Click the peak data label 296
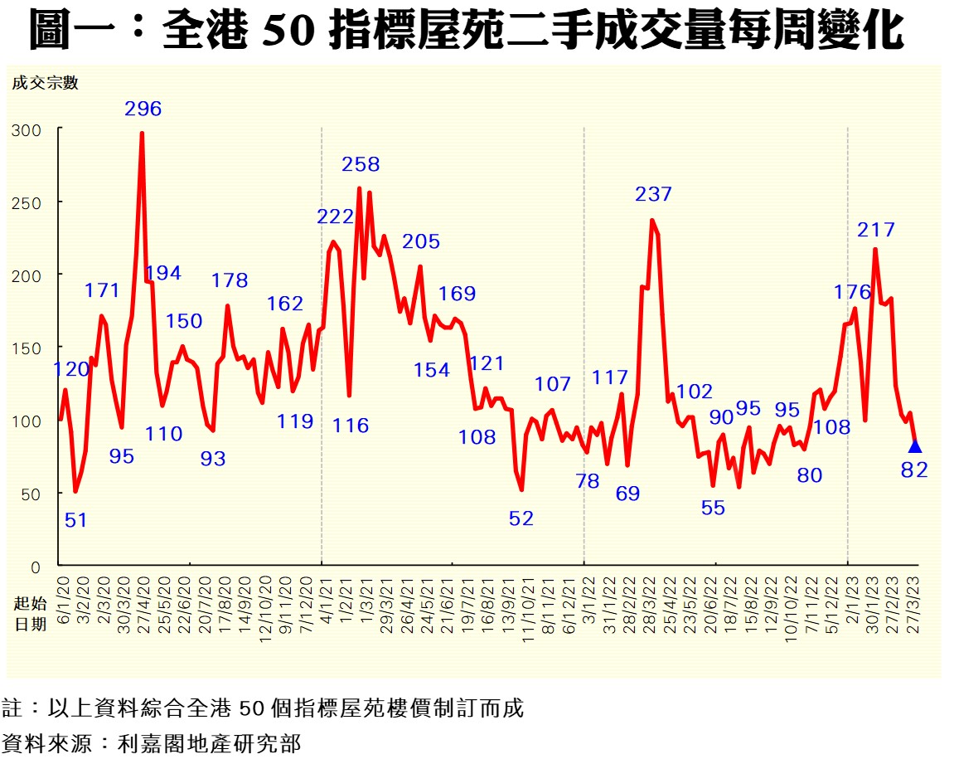coord(143,109)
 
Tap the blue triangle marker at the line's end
coord(915,446)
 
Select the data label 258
coord(361,164)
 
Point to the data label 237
coord(653,194)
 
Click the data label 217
coord(876,229)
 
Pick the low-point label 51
coord(75,520)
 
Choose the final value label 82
coord(915,470)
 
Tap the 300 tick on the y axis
coord(26,130)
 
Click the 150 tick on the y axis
coord(26,348)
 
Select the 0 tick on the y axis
coord(36,567)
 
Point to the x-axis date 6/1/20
coord(63,600)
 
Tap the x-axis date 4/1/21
coord(324,600)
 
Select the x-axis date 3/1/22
coord(587,600)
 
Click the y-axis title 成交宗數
coord(45,82)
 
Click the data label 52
coord(521,518)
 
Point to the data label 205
coord(421,241)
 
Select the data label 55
coord(713,508)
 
